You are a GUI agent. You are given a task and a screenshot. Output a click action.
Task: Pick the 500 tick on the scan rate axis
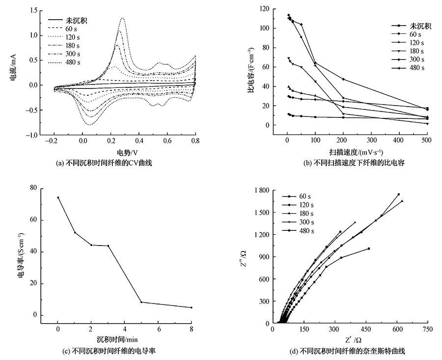(x=427, y=140)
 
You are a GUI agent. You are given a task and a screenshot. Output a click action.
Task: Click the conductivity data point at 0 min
(x=58, y=197)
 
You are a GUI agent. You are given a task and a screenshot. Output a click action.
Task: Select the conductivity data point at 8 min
(x=192, y=307)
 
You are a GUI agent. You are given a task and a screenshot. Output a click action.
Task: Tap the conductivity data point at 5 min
(x=141, y=302)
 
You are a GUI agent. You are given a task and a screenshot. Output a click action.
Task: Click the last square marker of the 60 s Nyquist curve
(x=368, y=249)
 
